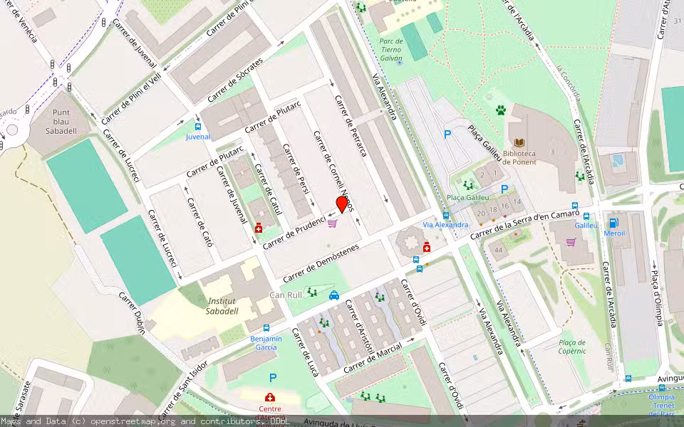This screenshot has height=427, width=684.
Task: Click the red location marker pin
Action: tap(341, 204)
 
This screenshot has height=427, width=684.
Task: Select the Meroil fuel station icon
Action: tap(613, 222)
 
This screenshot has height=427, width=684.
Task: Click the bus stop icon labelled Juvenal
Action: tap(197, 126)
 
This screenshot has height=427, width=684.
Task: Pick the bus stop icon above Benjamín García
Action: tap(266, 328)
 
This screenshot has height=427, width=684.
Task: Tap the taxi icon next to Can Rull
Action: tap(333, 295)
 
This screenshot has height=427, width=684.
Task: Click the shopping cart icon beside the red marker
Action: tap(332, 223)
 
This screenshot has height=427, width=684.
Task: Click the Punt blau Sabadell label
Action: tap(61, 122)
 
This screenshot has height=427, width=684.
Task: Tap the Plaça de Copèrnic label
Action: tap(572, 347)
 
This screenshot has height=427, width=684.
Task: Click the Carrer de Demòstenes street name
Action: tap(321, 262)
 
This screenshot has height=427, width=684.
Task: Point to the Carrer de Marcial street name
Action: tap(373, 357)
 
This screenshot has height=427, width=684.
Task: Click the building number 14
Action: tap(517, 203)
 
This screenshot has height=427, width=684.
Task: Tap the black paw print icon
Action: tap(501, 110)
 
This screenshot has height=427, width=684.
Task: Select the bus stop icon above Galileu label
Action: tap(586, 216)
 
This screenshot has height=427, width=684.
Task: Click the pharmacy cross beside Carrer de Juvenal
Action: tap(258, 228)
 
